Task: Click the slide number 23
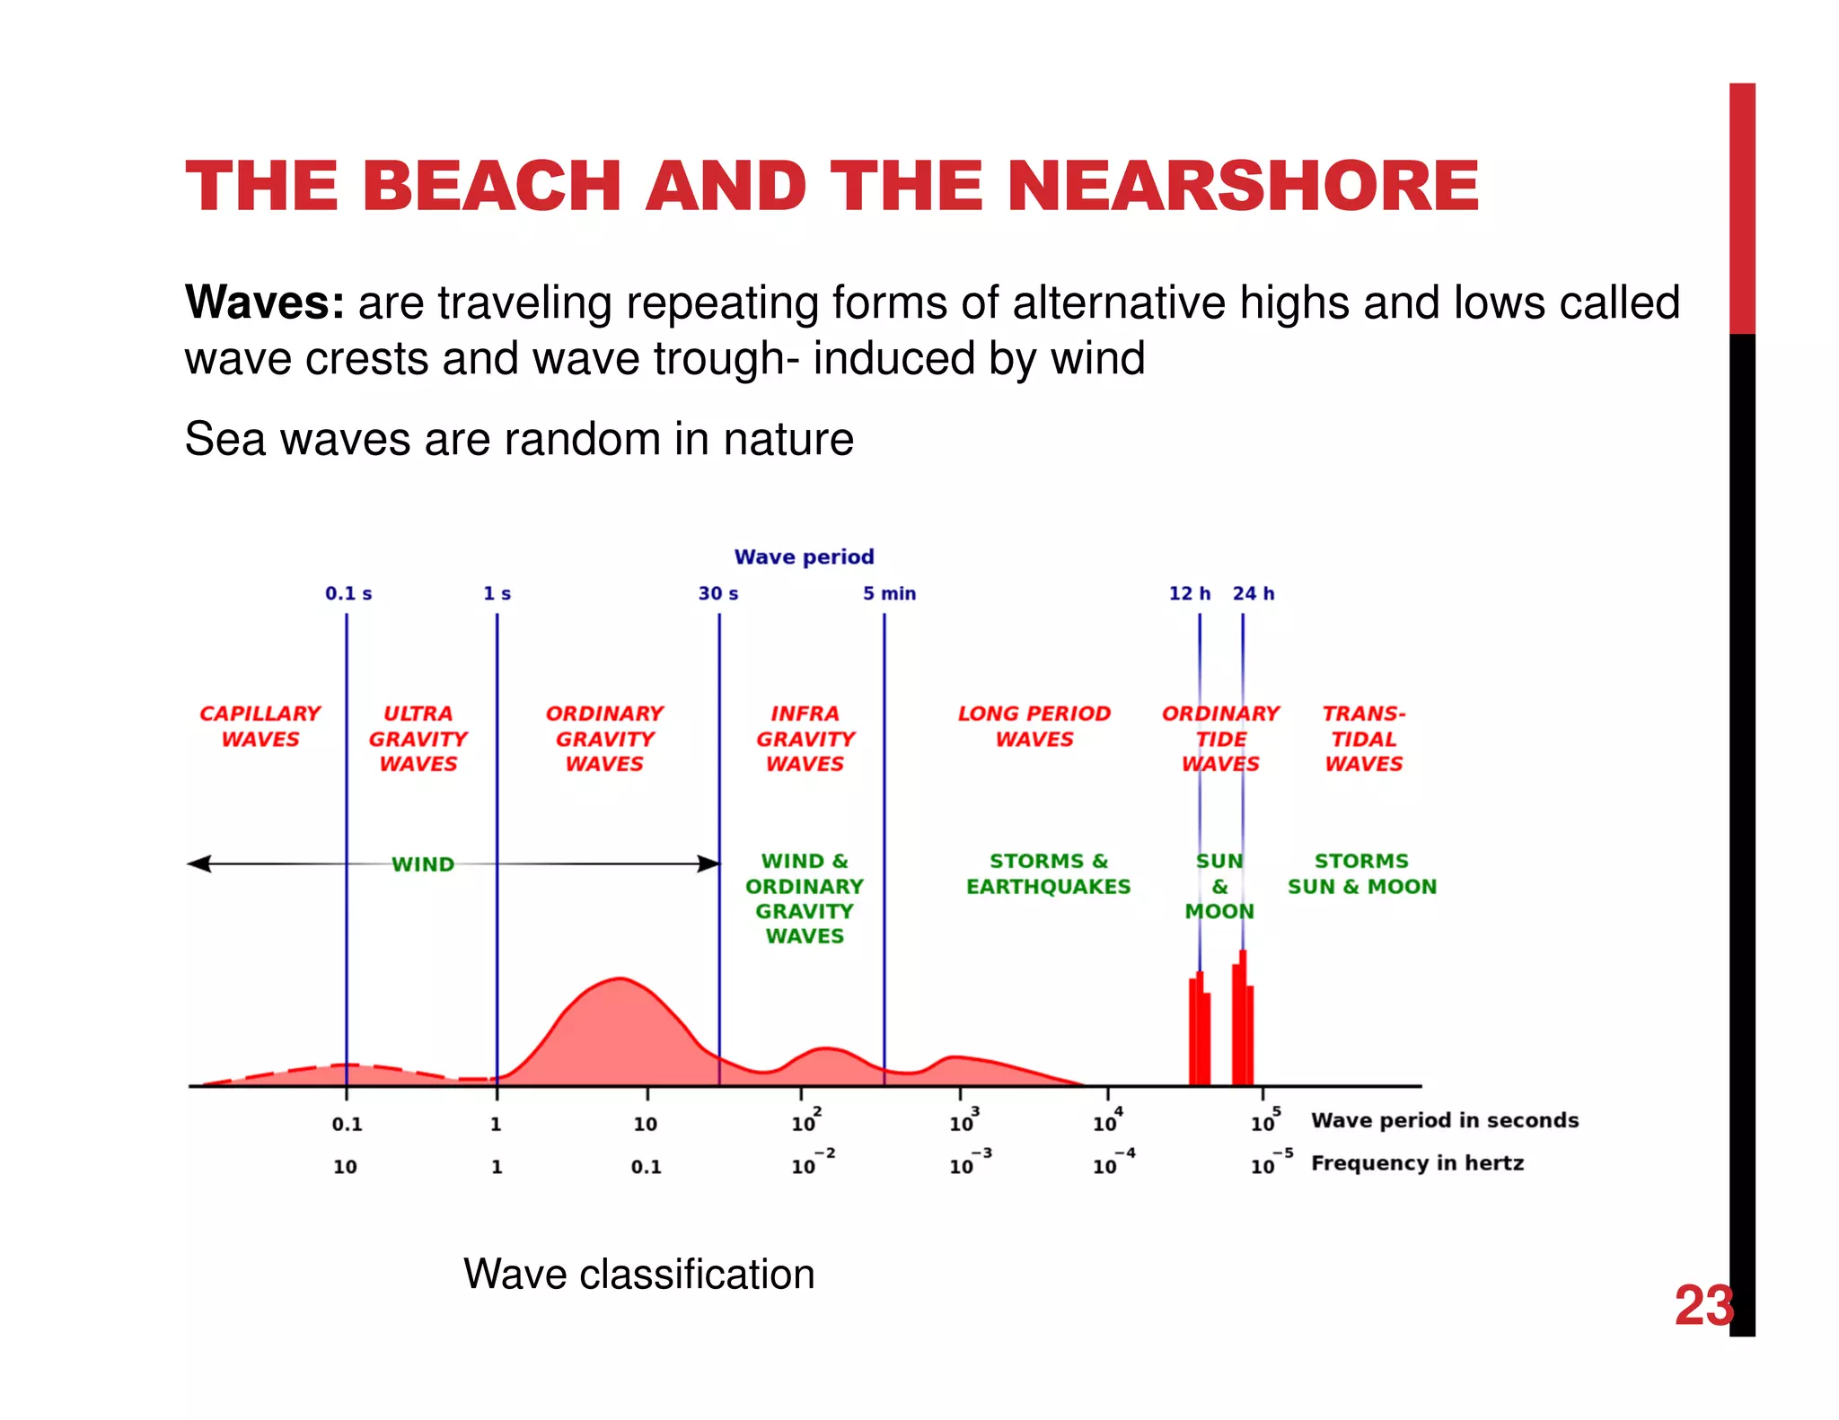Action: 1703,1306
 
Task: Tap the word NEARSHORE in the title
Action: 1243,187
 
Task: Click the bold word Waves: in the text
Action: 264,302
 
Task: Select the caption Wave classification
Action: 638,1274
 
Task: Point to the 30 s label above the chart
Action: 718,593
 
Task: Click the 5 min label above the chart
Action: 889,593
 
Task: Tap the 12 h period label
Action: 1189,593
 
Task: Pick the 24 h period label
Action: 1254,593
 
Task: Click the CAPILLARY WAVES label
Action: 260,725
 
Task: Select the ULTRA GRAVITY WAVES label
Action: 418,738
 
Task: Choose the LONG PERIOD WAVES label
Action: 1034,725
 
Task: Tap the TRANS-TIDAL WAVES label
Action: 1363,738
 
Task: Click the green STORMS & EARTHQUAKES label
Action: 1048,873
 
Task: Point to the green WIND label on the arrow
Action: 422,864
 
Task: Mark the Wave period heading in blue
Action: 804,557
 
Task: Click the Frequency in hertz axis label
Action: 1417,1163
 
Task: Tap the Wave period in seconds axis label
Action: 1444,1120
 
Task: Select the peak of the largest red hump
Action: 620,979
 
